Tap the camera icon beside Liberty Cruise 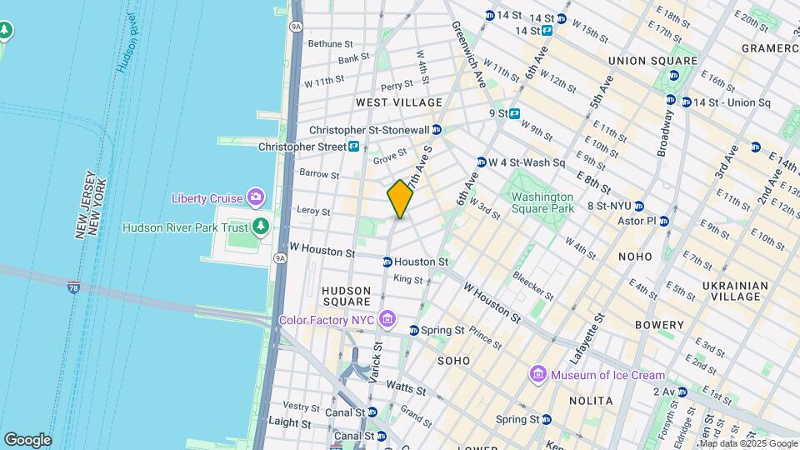pyautogui.click(x=256, y=197)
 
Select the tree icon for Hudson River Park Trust pyautogui.click(x=261, y=227)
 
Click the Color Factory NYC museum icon pyautogui.click(x=386, y=319)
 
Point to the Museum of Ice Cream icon pyautogui.click(x=537, y=375)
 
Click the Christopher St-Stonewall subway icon pyautogui.click(x=437, y=130)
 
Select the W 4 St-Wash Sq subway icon pyautogui.click(x=482, y=162)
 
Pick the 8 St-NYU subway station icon pyautogui.click(x=638, y=206)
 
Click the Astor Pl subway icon pyautogui.click(x=664, y=221)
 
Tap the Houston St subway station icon pyautogui.click(x=387, y=262)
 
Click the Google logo pyautogui.click(x=27, y=439)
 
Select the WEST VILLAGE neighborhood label pyautogui.click(x=399, y=102)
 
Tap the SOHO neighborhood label pyautogui.click(x=455, y=360)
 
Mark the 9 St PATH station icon pyautogui.click(x=515, y=113)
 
